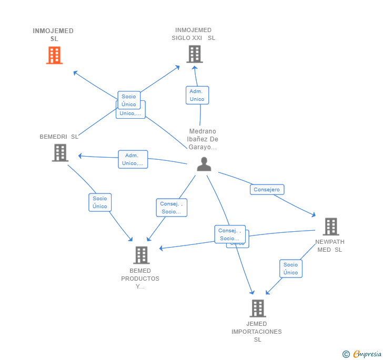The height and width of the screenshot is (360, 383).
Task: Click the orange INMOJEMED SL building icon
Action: click(x=54, y=55)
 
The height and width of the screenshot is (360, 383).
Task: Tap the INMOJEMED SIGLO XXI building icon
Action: click(x=194, y=54)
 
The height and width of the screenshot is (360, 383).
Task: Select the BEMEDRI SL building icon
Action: click(x=60, y=152)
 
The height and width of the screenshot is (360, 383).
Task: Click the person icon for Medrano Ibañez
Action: click(x=204, y=164)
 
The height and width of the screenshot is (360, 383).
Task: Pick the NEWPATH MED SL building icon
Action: click(x=330, y=227)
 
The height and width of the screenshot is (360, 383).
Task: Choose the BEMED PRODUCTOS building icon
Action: click(x=141, y=255)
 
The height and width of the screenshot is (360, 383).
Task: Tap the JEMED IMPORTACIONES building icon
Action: click(x=257, y=308)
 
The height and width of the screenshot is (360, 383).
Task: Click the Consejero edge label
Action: click(x=267, y=190)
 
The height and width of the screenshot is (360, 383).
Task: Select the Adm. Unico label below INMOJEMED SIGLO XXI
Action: click(x=197, y=95)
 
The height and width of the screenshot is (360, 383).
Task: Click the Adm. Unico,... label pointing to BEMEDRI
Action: click(x=133, y=159)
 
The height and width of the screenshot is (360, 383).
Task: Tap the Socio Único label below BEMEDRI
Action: click(x=100, y=202)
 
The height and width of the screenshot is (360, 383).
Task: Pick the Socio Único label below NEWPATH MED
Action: click(x=290, y=269)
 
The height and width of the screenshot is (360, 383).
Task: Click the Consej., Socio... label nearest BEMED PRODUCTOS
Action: click(x=171, y=208)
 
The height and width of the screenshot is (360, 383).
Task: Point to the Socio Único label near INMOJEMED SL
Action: click(x=129, y=100)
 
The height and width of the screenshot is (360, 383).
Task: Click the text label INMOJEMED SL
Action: click(x=53, y=35)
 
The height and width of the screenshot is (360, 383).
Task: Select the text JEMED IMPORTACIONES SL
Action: click(x=257, y=332)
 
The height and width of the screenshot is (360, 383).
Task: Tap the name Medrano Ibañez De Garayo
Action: click(x=203, y=139)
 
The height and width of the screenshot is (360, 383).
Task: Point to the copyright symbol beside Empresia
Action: click(x=346, y=355)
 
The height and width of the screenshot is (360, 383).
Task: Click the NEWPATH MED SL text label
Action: click(x=330, y=245)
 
